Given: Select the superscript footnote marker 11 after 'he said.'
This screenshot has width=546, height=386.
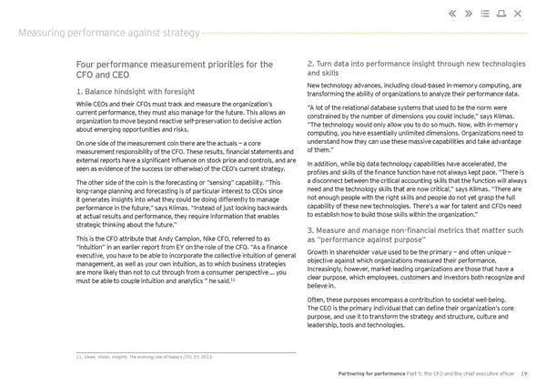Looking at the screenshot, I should point(236,279).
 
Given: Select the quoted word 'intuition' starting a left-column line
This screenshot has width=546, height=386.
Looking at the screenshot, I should point(95,248).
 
